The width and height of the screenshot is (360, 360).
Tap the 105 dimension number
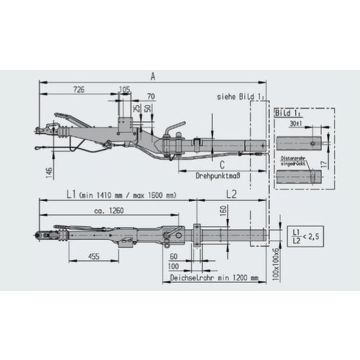(x=124, y=89)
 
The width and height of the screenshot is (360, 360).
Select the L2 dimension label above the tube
(x=230, y=192)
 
